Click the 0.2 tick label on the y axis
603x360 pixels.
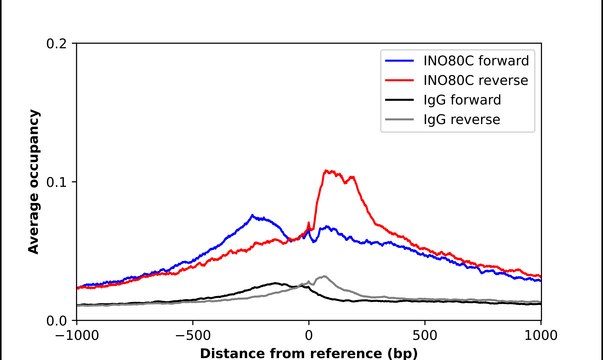[58, 44]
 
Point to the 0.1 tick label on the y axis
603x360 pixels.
[58, 182]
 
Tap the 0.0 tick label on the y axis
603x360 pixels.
[58, 320]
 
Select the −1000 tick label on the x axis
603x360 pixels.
[76, 336]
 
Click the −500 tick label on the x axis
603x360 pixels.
[192, 336]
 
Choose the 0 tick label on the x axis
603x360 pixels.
[309, 336]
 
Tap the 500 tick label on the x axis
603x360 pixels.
[425, 336]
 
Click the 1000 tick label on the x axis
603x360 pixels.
[541, 336]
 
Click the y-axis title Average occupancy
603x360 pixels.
[34, 182]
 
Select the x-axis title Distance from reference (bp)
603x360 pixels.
[308, 352]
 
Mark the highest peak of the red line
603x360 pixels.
[327, 171]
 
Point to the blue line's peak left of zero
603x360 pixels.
[253, 215]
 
